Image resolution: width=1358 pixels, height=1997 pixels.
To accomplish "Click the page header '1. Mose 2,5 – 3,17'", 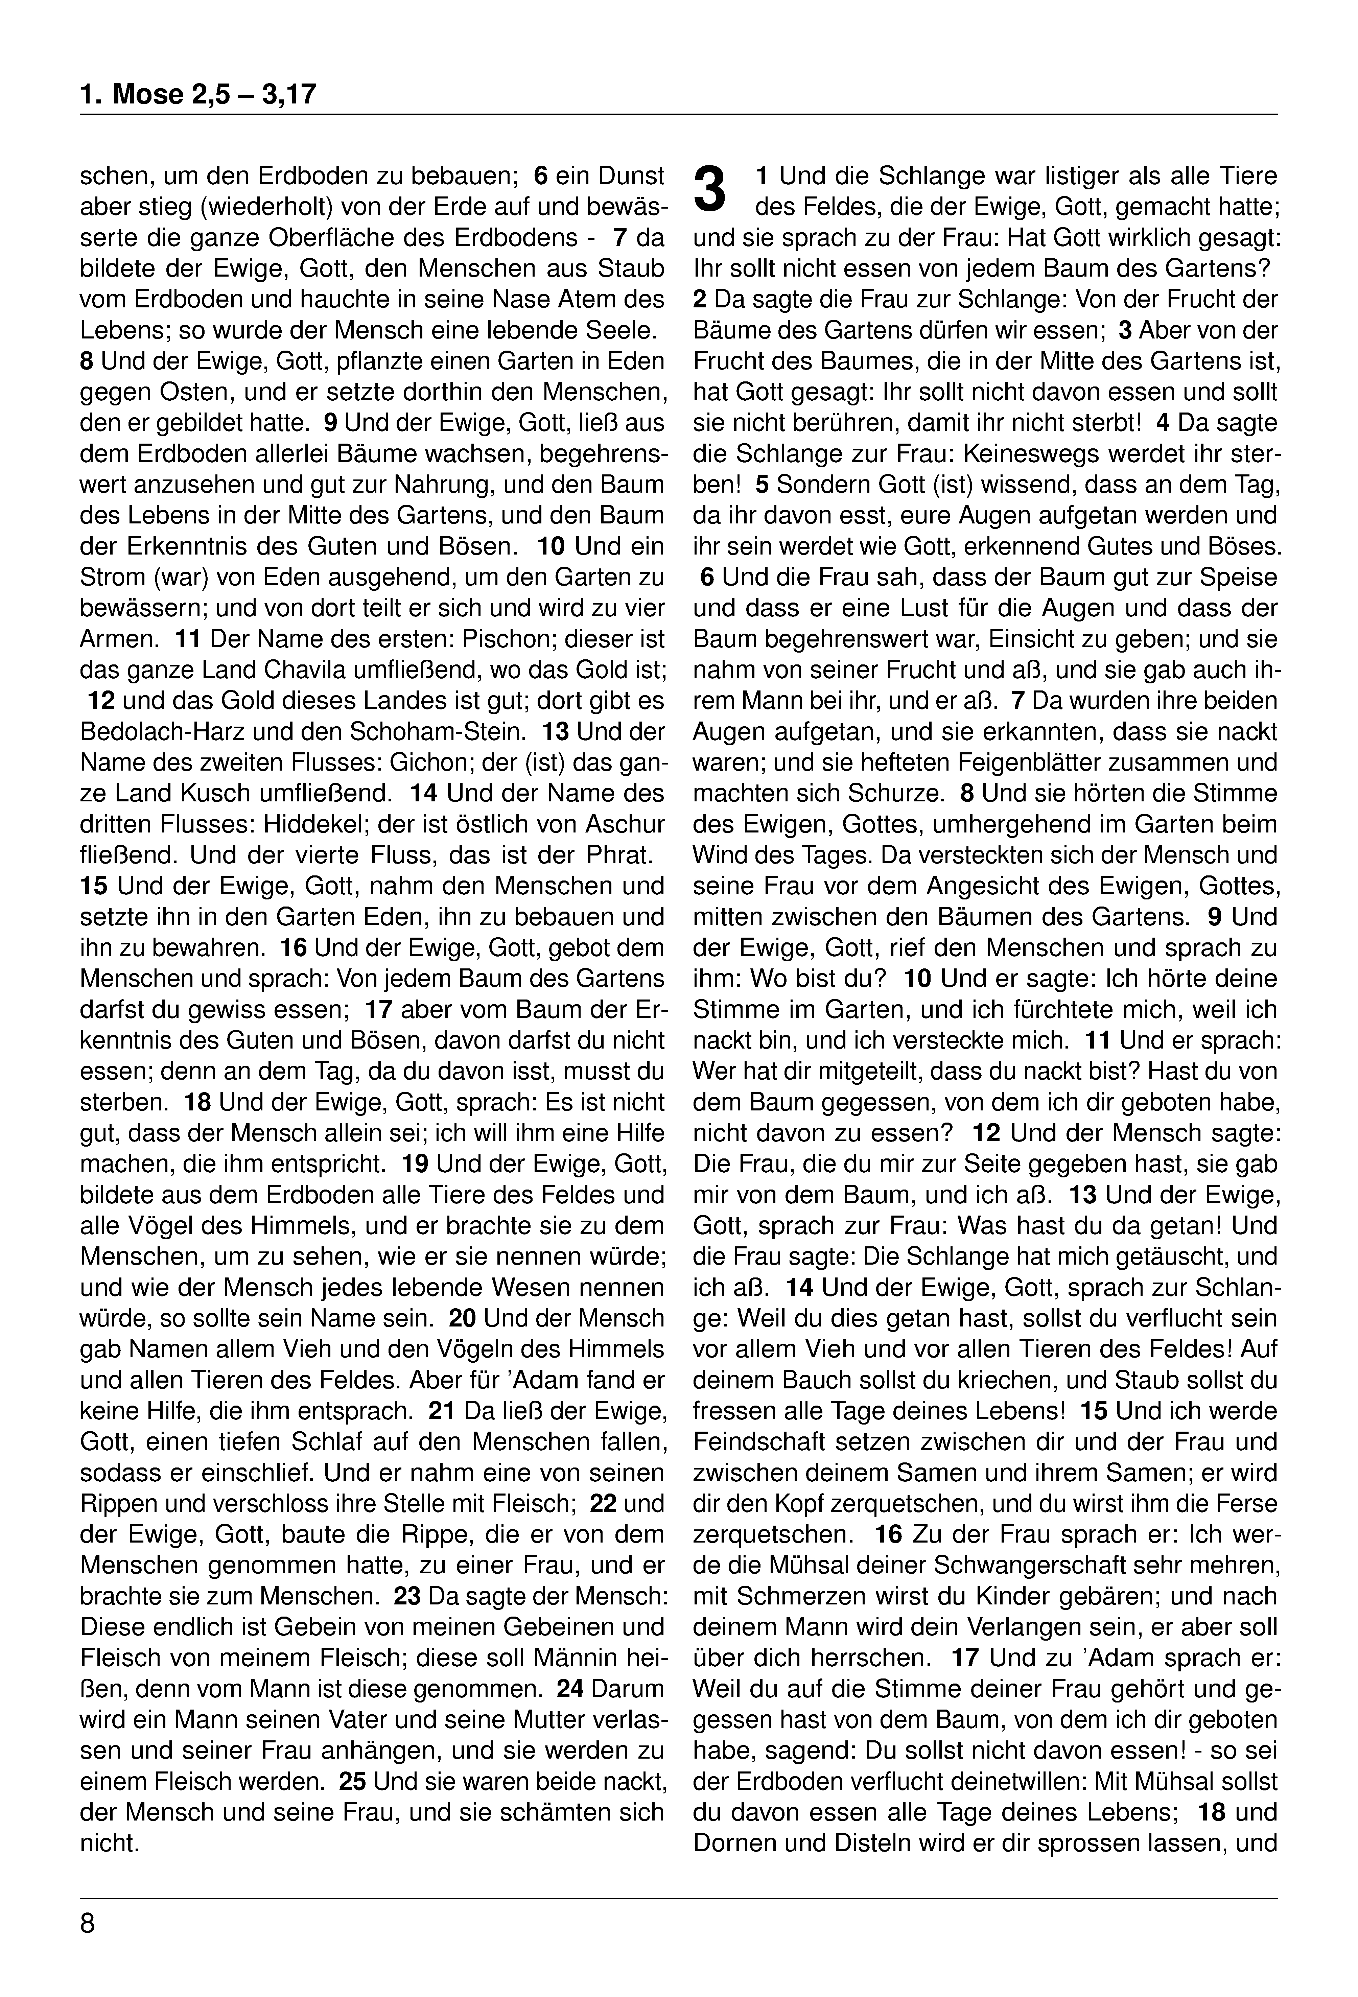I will pos(198,94).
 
